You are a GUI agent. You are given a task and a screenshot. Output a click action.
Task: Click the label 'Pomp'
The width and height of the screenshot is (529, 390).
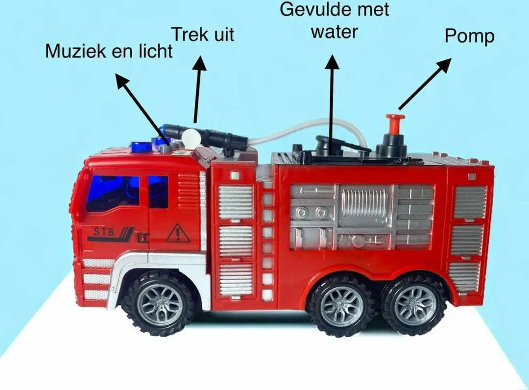tap(469, 36)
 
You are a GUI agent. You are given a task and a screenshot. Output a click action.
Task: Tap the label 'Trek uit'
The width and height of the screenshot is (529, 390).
tap(202, 34)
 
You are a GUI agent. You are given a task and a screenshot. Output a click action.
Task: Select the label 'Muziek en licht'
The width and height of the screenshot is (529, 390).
tap(109, 51)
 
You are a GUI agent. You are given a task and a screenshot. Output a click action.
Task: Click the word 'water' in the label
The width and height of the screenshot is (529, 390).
tap(335, 32)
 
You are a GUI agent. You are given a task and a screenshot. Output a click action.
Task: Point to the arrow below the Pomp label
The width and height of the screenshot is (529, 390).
tap(424, 84)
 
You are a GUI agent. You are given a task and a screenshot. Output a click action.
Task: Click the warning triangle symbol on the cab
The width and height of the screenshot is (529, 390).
tap(177, 234)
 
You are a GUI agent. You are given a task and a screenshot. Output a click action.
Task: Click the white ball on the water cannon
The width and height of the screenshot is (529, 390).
tap(190, 136)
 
